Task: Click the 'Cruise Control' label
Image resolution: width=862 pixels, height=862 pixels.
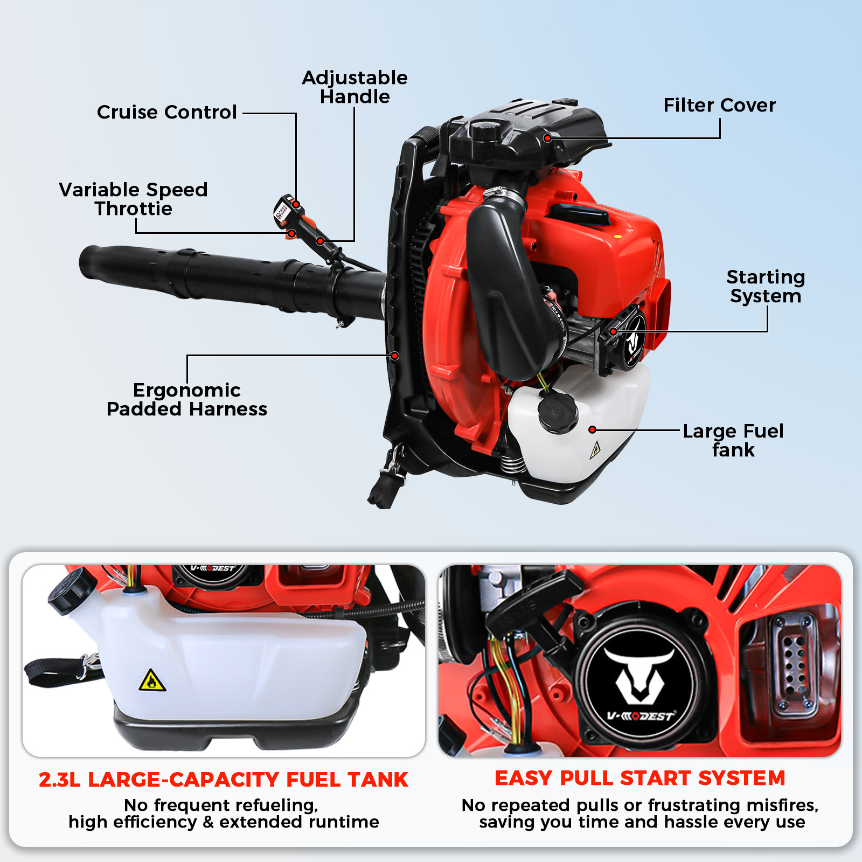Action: [167, 112]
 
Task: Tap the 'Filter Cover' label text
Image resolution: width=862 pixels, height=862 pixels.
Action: [719, 105]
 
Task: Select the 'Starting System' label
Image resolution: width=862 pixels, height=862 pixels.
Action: [765, 287]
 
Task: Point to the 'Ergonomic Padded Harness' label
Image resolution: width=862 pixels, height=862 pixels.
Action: [187, 399]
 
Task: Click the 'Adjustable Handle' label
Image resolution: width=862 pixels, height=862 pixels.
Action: [354, 87]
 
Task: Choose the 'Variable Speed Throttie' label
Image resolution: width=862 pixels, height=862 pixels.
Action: [133, 199]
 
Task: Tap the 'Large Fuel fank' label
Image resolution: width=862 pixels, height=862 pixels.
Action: [733, 440]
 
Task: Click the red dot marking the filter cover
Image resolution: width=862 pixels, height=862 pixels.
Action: [547, 138]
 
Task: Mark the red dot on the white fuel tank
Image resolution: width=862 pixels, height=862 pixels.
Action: [592, 429]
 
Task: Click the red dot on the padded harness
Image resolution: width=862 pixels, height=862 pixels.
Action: [395, 356]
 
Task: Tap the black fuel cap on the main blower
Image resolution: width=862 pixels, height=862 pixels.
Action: [558, 412]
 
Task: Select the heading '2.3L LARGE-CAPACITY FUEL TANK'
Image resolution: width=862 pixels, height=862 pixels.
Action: [224, 780]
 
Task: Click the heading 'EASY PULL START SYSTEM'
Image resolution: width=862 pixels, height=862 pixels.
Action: [640, 778]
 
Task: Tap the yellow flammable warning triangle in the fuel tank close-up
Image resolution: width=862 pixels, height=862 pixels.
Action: [152, 681]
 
